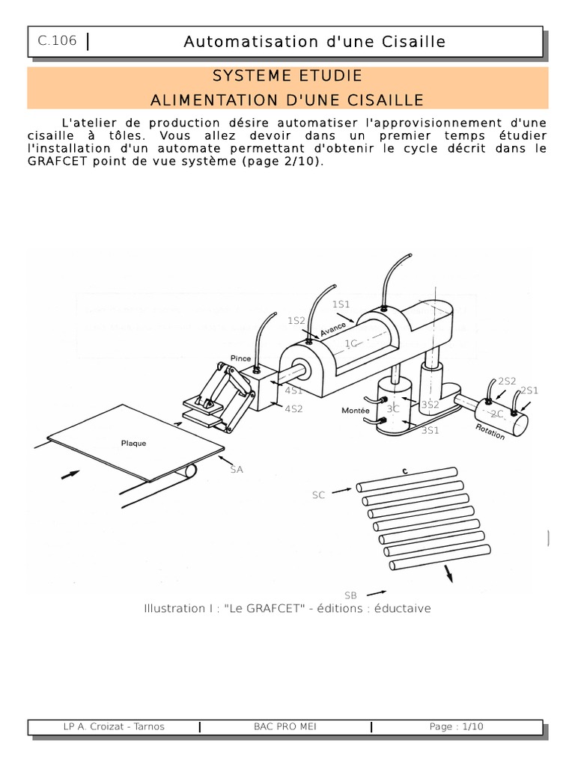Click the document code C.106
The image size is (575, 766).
pos(57,40)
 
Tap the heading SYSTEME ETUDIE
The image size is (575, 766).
pos(287,76)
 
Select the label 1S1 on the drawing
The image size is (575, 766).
pos(341,304)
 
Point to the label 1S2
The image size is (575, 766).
pos(296,320)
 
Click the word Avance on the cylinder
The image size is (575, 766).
pos(333,329)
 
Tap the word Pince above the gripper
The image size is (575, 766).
pos(240,358)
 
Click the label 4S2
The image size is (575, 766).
pos(293,409)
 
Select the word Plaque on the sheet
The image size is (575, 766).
pos(133,444)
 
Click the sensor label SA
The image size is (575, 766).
pos(237,470)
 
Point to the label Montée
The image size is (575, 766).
pos(356,411)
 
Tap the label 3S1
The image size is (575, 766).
pos(431,430)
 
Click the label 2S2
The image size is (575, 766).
pos(507,381)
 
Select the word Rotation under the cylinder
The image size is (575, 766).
pos(490,432)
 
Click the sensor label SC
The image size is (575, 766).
pos(318,495)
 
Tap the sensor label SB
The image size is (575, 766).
pos(350,595)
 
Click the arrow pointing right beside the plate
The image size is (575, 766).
pos(70,474)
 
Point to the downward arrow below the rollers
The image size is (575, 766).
pos(448,574)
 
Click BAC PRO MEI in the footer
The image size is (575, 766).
pos(285,726)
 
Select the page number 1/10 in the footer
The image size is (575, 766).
pos(472,726)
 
